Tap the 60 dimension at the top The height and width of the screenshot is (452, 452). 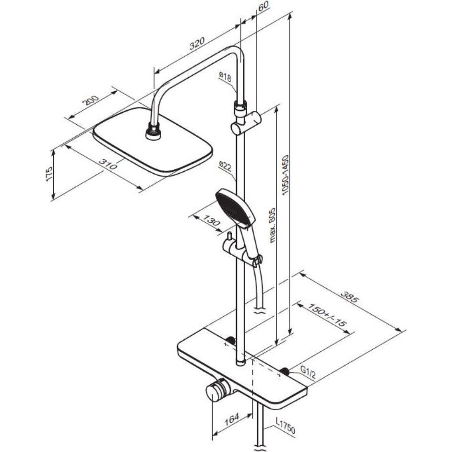263,6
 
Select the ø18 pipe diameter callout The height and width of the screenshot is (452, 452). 225,77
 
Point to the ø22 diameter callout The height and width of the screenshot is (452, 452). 225,167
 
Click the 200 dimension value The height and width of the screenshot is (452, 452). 91,100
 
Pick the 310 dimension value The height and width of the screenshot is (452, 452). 108,165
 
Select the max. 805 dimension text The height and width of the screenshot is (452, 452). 273,226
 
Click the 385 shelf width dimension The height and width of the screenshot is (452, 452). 350,297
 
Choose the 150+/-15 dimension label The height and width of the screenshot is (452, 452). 327,314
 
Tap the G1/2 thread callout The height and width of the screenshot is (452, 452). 308,371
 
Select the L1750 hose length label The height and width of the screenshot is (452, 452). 285,427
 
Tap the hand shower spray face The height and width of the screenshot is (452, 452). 233,207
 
